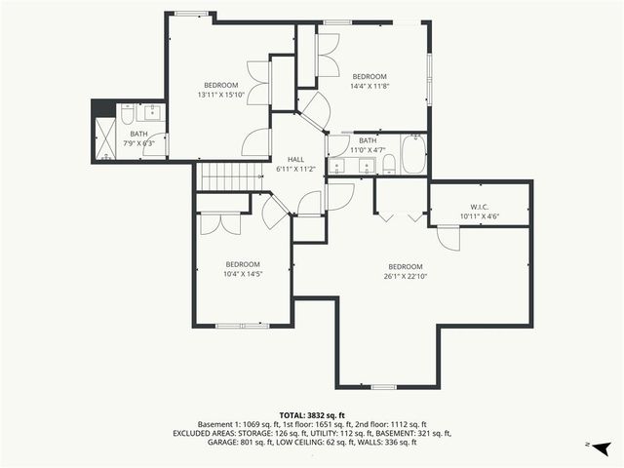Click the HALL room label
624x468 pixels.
[295, 159]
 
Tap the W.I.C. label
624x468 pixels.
[479, 206]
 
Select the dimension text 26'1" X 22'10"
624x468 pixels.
[405, 276]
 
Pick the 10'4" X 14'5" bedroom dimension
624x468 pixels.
[243, 274]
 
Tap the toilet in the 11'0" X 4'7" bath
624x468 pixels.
[387, 162]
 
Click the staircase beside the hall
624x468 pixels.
[232, 176]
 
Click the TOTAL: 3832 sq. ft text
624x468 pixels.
[312, 415]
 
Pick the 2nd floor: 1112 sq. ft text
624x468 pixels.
[393, 424]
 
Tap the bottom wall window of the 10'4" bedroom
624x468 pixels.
[236, 325]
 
